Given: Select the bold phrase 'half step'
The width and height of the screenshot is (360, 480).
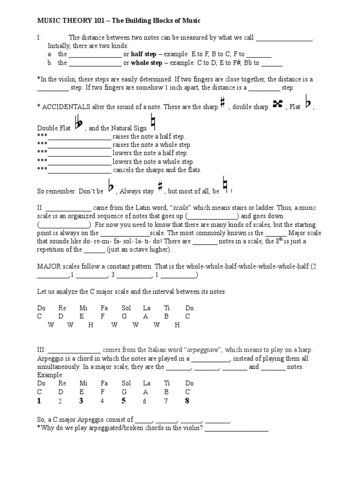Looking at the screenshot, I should tap(143, 54).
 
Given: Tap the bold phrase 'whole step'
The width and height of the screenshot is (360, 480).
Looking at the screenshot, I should tap(147, 62).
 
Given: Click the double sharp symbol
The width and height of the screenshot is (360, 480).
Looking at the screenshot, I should tap(277, 105).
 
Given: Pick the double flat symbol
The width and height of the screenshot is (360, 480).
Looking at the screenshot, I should tap(79, 124).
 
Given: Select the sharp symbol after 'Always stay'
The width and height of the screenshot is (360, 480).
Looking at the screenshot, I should tap(160, 187).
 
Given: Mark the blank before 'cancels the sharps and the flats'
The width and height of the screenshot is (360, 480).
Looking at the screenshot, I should tap(80, 170).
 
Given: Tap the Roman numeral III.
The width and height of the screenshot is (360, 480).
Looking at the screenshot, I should tap(41, 350).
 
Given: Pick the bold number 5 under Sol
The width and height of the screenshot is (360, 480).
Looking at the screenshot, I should tap(124, 401).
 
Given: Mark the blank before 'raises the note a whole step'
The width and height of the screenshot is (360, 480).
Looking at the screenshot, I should tap(80, 145).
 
